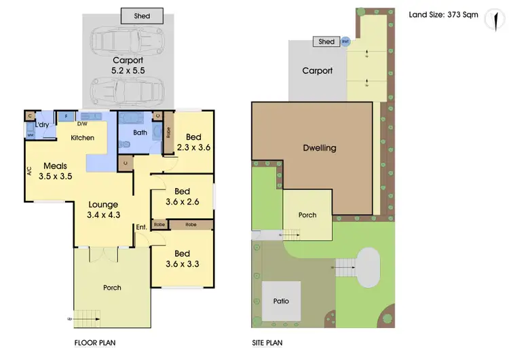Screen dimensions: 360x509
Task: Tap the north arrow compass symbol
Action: (x=490, y=20)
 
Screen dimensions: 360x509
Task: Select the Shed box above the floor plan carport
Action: (x=141, y=15)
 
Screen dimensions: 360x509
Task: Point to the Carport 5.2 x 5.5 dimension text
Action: (x=128, y=65)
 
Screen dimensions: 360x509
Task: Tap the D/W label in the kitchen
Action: (x=82, y=124)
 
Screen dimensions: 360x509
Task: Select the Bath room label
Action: (x=140, y=132)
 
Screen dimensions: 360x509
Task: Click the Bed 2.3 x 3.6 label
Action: (x=193, y=141)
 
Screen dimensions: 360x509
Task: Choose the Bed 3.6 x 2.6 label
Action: (x=182, y=196)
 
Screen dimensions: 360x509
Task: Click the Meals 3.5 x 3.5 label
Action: (x=55, y=170)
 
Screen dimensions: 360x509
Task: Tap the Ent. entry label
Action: (x=141, y=227)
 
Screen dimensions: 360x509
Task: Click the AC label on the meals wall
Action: (x=30, y=173)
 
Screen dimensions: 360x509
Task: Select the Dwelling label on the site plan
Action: (x=319, y=148)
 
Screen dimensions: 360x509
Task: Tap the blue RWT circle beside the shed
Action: (x=345, y=41)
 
